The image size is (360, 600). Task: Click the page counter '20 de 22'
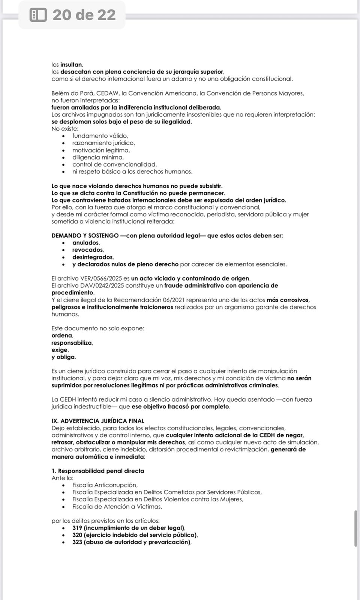pos(84,15)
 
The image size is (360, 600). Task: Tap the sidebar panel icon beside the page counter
pos(38,15)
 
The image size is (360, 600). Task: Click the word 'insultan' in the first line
pos(71,64)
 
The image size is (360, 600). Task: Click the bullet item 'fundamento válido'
pos(100,136)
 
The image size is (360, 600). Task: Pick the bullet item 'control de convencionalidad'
pos(114,164)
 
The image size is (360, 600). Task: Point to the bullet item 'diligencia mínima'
pos(97,157)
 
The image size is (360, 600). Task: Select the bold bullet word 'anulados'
pos(86,243)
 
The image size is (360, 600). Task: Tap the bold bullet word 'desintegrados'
pos(92,257)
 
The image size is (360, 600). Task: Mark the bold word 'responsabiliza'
pos(71,343)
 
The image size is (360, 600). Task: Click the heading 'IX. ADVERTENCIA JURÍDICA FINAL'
pos(97,421)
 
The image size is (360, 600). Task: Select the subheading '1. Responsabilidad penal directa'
pos(97,471)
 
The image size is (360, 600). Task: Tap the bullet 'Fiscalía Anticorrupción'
pos(105,485)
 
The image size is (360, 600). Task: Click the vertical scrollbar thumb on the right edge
pos(356,528)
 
